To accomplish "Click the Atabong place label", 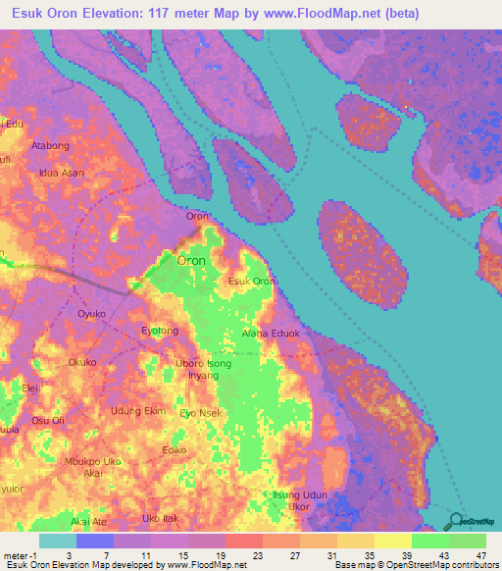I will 51,145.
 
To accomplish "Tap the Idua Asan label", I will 61,173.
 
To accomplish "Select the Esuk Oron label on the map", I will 251,282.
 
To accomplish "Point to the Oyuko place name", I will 91,313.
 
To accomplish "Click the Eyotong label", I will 161,331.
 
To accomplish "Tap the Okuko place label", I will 82,362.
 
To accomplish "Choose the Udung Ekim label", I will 138,411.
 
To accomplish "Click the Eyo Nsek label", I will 203,413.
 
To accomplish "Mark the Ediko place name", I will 176,450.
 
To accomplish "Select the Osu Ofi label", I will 48,421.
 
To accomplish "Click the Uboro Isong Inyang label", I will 204,370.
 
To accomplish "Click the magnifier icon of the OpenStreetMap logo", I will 458,522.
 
